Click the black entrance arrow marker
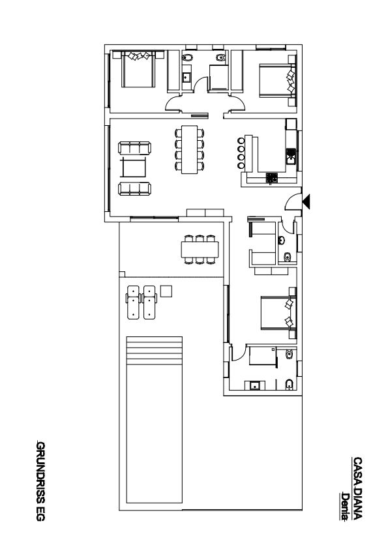(306, 201)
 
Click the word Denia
(345, 506)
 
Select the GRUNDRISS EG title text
(40, 481)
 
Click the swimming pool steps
(155, 351)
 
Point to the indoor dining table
(190, 149)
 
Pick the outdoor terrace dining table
(200, 249)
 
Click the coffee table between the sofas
(133, 168)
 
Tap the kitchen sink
(291, 156)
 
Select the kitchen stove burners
(271, 178)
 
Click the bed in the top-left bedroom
(138, 69)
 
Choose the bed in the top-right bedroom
(277, 81)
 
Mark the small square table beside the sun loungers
(166, 291)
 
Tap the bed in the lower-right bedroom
(278, 313)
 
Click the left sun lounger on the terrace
(133, 302)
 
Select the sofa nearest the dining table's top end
(135, 148)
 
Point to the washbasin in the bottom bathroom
(254, 386)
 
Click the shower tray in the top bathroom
(219, 78)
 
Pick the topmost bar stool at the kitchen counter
(241, 141)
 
